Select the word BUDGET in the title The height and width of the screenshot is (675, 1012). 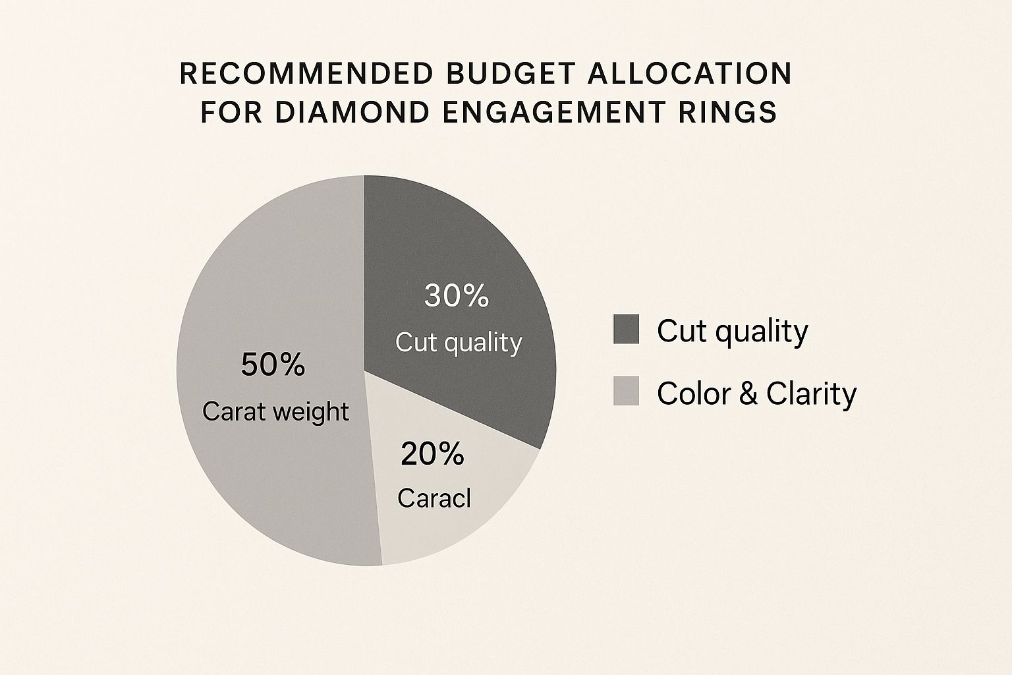512,73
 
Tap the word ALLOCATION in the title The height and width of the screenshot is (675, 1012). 690,73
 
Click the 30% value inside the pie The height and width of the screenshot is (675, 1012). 457,296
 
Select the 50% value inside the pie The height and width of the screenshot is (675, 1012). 273,365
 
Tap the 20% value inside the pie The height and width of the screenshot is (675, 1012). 432,454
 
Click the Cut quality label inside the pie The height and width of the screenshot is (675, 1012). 459,343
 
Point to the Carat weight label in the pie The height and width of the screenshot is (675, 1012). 275,412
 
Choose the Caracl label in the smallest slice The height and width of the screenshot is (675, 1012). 434,498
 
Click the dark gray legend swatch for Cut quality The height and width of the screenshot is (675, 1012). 626,329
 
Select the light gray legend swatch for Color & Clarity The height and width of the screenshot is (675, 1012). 626,391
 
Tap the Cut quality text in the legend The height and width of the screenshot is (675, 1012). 733,332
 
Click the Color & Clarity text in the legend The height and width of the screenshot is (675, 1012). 757,394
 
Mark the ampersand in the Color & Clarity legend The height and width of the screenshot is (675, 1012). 748,394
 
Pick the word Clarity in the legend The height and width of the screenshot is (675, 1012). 812,394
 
